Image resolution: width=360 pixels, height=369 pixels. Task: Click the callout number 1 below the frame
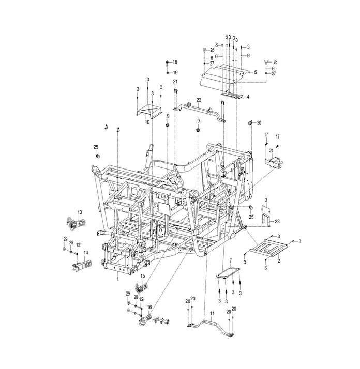(x=118, y=279)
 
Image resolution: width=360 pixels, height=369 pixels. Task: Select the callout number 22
(x=199, y=100)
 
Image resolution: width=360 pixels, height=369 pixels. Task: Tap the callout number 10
(x=147, y=122)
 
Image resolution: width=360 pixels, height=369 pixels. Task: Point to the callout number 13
(x=80, y=212)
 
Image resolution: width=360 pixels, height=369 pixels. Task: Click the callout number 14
(x=86, y=253)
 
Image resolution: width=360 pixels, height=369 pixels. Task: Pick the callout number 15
(x=143, y=276)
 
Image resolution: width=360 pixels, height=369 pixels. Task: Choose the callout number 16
(x=149, y=307)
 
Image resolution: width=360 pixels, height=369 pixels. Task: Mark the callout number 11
(x=212, y=313)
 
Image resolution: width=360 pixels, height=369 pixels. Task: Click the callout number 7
(x=231, y=260)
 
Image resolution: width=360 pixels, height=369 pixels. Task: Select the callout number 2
(x=279, y=261)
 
